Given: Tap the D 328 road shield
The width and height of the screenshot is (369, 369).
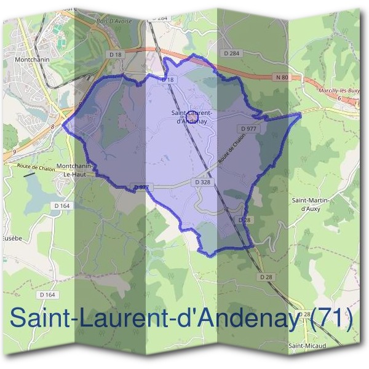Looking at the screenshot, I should tap(203, 183).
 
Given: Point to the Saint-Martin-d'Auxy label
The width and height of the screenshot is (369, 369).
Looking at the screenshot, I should tap(311, 204).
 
